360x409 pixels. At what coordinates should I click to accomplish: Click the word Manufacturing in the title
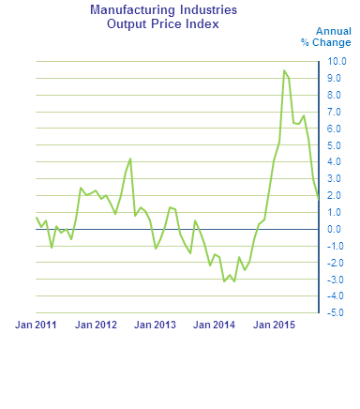(x=124, y=10)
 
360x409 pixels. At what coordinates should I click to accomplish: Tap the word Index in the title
(x=202, y=23)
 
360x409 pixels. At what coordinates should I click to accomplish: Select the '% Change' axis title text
(x=325, y=42)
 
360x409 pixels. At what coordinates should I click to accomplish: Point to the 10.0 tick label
(x=335, y=61)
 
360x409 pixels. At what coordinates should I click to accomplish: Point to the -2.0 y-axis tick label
(x=336, y=263)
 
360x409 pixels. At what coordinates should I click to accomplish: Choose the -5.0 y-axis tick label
(x=336, y=312)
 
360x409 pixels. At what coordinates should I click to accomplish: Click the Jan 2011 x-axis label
(x=36, y=325)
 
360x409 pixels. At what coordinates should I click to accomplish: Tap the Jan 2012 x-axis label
(x=96, y=325)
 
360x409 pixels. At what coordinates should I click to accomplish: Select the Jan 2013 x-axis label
(x=155, y=325)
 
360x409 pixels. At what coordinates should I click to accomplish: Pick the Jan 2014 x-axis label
(x=215, y=325)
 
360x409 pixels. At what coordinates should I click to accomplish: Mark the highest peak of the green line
(x=284, y=70)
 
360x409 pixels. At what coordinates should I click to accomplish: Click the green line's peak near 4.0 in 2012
(x=130, y=159)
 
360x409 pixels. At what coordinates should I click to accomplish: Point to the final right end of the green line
(x=319, y=197)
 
